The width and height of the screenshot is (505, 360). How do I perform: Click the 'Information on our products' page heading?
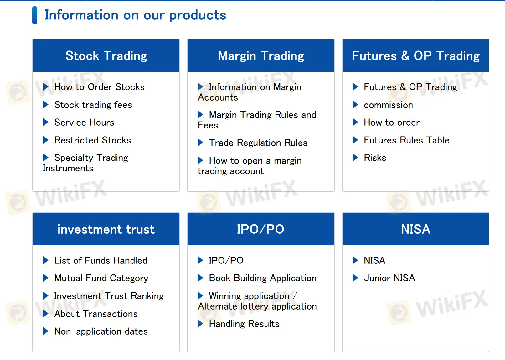click(135, 15)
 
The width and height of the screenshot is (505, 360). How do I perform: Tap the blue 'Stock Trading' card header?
click(106, 56)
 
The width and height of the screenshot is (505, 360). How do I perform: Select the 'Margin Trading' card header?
click(261, 56)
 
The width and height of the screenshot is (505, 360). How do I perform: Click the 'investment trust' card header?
click(106, 229)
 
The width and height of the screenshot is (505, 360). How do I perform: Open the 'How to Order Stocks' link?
click(99, 87)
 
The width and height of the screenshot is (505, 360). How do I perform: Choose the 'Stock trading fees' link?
click(93, 105)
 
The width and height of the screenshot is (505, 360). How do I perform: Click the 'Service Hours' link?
click(84, 123)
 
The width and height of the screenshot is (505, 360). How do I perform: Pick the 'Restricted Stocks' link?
click(93, 140)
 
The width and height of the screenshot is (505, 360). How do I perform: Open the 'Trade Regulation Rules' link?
click(258, 143)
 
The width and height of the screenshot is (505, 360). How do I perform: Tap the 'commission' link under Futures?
click(388, 105)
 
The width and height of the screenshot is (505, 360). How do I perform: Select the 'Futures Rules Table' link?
click(406, 140)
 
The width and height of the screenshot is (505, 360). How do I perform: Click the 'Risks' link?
click(375, 158)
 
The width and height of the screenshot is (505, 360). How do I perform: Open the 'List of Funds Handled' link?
click(100, 261)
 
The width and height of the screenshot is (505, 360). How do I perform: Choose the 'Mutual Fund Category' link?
click(101, 278)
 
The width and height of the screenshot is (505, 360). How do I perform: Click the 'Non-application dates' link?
click(101, 331)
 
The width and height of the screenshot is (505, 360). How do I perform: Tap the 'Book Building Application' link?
click(262, 278)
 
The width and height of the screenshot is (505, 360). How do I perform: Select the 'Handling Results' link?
click(244, 324)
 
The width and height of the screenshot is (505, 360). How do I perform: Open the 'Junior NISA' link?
click(389, 278)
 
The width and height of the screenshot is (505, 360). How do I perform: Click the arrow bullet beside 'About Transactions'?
click(46, 314)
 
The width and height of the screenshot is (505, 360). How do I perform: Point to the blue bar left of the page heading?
click(35, 15)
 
